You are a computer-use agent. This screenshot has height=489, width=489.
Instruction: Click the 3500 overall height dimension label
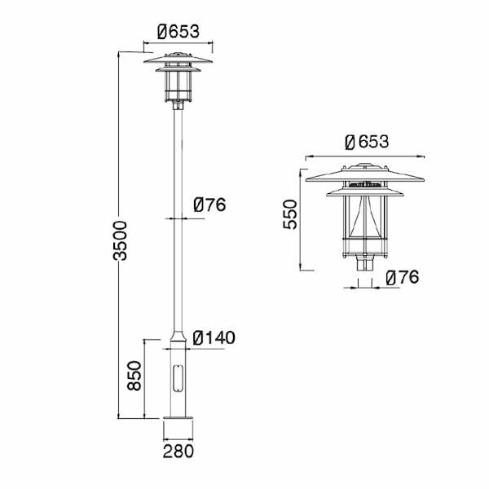pyautogui.click(x=120, y=240)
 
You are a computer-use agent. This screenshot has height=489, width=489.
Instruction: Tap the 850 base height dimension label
pyautogui.click(x=134, y=376)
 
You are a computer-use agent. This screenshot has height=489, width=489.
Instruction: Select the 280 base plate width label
pyautogui.click(x=178, y=452)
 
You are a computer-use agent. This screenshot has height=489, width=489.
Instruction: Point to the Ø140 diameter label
pyautogui.click(x=214, y=337)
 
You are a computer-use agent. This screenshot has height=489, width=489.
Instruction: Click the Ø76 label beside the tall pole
pyautogui.click(x=209, y=205)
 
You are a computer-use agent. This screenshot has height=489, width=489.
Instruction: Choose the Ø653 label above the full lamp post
pyautogui.click(x=178, y=32)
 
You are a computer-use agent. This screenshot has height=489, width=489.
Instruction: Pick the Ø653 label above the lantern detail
pyautogui.click(x=367, y=142)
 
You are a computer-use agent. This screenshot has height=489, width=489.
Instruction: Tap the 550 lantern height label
pyautogui.click(x=290, y=215)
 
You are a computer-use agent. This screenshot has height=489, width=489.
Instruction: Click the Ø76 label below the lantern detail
pyautogui.click(x=403, y=277)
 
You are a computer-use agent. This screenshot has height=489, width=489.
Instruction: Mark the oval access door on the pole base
pyautogui.click(x=178, y=378)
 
